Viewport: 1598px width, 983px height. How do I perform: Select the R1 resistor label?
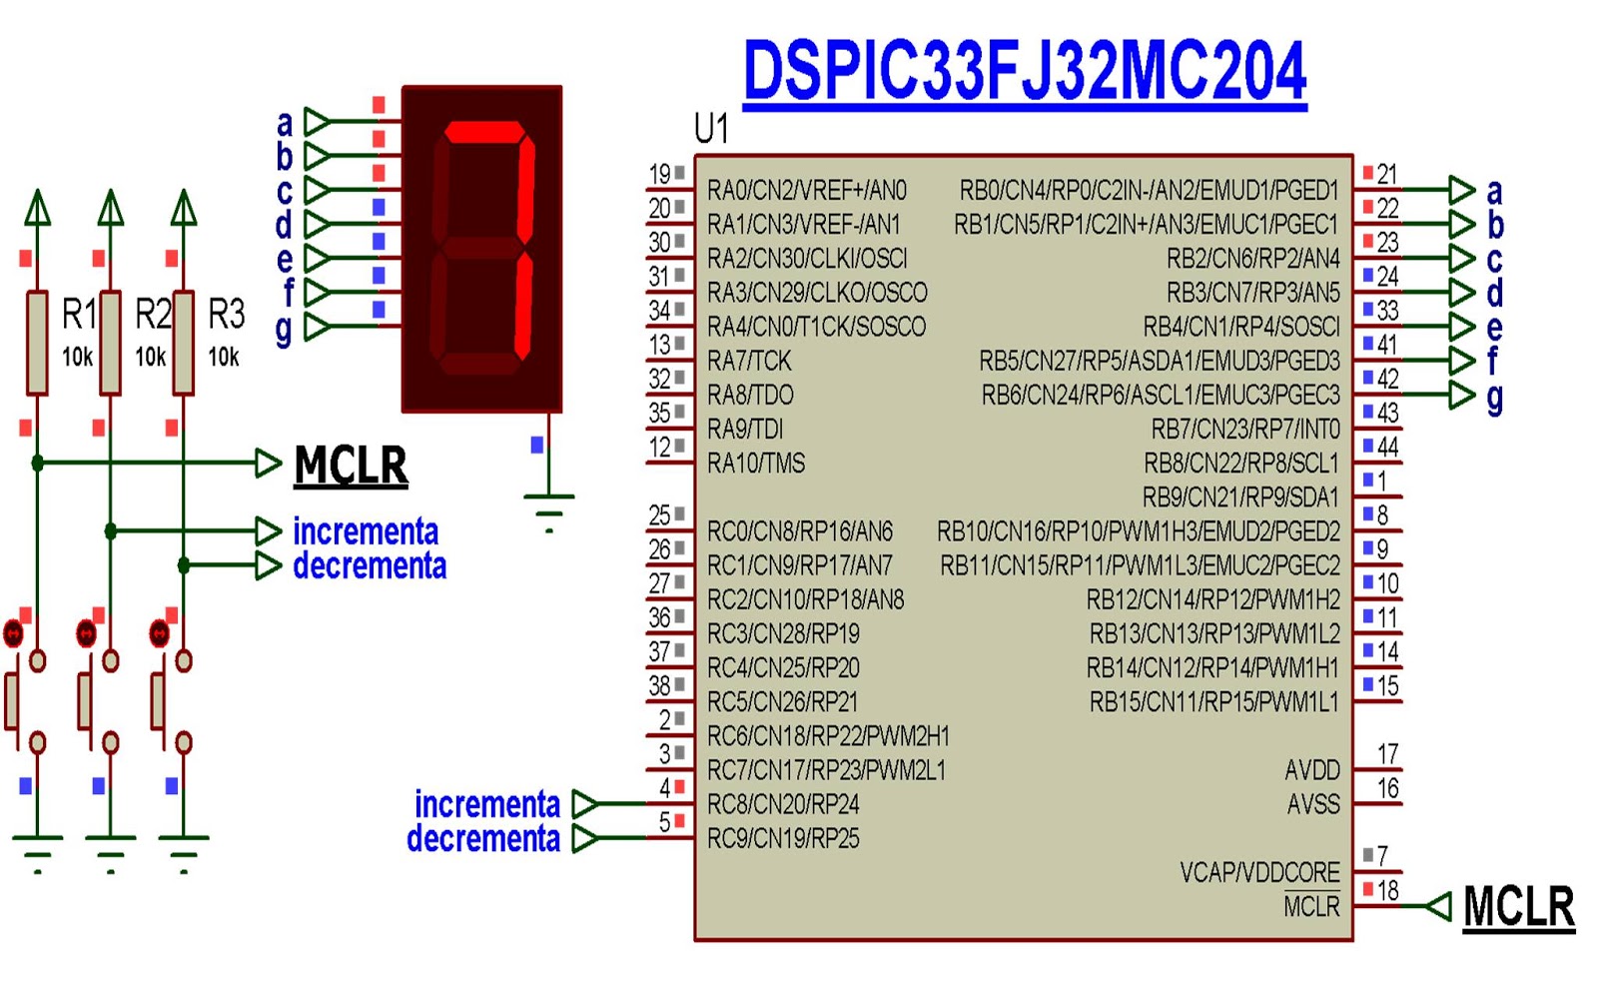(x=79, y=315)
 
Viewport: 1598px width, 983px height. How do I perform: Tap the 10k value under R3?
(x=224, y=357)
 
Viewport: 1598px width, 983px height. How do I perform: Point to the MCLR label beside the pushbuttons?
(x=351, y=466)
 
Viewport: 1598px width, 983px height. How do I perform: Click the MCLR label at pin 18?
(x=1518, y=907)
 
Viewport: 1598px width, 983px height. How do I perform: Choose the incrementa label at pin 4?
(x=487, y=804)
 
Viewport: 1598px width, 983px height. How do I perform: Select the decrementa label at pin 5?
(x=483, y=838)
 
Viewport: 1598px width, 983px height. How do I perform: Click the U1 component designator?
(x=711, y=129)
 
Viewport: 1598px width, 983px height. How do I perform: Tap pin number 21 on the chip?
(x=1387, y=175)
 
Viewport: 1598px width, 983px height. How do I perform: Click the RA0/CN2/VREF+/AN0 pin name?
(x=806, y=190)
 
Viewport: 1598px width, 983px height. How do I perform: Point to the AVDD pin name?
(x=1312, y=770)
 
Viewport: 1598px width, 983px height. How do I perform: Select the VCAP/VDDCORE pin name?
(x=1259, y=872)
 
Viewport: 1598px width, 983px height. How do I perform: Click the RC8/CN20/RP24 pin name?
(x=783, y=804)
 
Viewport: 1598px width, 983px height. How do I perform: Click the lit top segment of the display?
(x=483, y=133)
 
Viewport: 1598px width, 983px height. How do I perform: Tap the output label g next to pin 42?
(x=1495, y=397)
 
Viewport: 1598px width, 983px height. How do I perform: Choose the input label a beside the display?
(x=285, y=123)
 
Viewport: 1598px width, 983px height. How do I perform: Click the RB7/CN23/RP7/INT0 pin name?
(x=1245, y=430)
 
